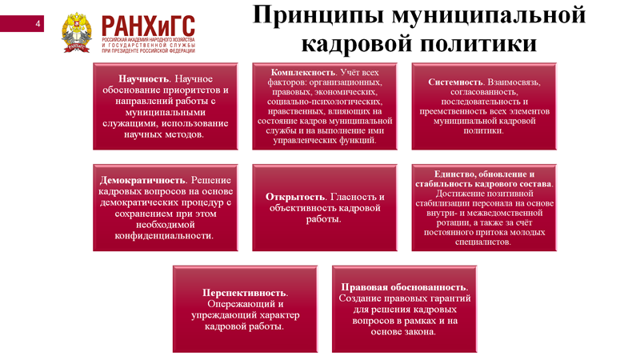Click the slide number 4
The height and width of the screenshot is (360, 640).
pyautogui.click(x=38, y=24)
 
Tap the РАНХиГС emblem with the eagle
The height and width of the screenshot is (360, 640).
pyautogui.click(x=76, y=33)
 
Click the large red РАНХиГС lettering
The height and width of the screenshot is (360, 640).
pyautogui.click(x=148, y=26)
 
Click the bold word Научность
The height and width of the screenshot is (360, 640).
pyautogui.click(x=144, y=78)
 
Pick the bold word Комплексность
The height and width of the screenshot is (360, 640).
pyautogui.click(x=303, y=72)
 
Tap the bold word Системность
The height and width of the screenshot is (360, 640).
pyautogui.click(x=455, y=82)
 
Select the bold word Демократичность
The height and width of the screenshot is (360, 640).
pyautogui.click(x=142, y=180)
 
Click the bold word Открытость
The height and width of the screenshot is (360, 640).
pyautogui.click(x=295, y=197)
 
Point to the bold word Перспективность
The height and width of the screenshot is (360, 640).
pyautogui.click(x=245, y=293)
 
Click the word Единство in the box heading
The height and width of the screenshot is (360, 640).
pyautogui.click(x=454, y=174)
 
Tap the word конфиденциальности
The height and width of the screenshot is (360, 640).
pyautogui.click(x=164, y=235)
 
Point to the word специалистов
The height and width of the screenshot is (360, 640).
pyautogui.click(x=483, y=242)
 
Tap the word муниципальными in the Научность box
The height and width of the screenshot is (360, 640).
pyautogui.click(x=166, y=112)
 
